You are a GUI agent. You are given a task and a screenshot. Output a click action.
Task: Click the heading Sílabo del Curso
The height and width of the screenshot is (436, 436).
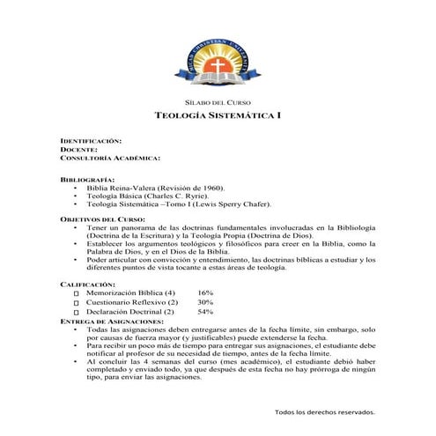tap(217, 103)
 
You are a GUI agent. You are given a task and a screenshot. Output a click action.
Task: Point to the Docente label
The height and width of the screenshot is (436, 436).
tap(78, 150)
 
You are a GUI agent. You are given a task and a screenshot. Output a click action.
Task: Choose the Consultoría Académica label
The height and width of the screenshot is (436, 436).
tap(109, 159)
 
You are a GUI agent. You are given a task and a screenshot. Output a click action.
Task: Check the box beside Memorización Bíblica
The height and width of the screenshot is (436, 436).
tap(77, 294)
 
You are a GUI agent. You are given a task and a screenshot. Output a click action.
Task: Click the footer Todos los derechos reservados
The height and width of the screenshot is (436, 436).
tap(325, 411)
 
